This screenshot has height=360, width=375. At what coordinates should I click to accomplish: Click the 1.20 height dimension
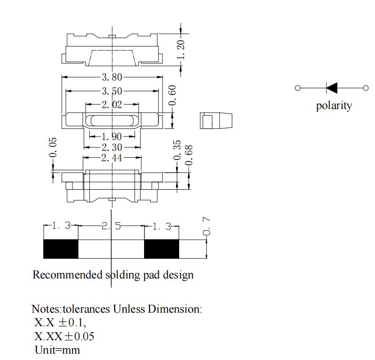coord(181,50)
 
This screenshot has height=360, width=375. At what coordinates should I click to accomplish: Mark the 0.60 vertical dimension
coord(173,95)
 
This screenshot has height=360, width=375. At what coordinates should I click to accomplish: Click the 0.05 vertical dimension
coord(53,147)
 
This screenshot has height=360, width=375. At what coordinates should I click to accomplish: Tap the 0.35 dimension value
coord(177,150)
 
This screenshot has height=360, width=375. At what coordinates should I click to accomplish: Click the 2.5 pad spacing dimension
coord(111,226)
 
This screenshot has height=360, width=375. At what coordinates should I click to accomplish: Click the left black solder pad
coord(61,249)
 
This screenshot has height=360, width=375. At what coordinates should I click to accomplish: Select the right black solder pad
coord(161,249)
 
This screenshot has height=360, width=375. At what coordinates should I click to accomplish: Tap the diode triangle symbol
coord(332,88)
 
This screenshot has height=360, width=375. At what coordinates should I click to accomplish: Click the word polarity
coord(334,106)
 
